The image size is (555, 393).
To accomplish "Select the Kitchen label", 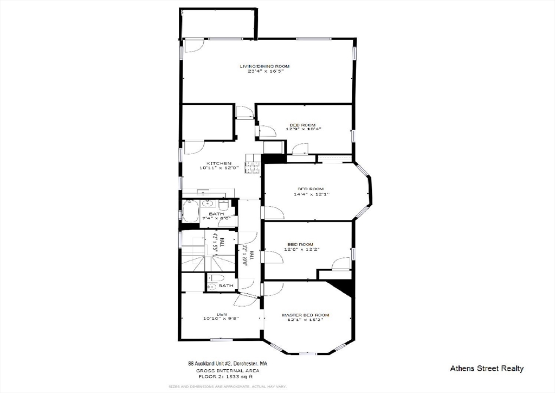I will [x=219, y=163].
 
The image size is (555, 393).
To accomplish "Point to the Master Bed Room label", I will [x=305, y=315].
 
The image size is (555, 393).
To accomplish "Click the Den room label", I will [x=222, y=313].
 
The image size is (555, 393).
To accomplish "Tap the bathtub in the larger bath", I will [x=190, y=211].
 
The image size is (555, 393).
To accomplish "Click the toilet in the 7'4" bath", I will [x=223, y=205].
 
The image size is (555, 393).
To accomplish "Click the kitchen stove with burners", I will [x=253, y=164].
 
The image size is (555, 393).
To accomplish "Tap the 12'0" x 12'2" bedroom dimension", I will [x=304, y=250].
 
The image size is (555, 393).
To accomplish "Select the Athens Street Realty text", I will [x=487, y=369].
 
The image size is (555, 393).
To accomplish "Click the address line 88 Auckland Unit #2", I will [x=227, y=364].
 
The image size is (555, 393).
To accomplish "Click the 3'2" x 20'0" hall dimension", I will [x=245, y=254].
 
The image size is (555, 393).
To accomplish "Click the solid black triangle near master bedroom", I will [x=344, y=287].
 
